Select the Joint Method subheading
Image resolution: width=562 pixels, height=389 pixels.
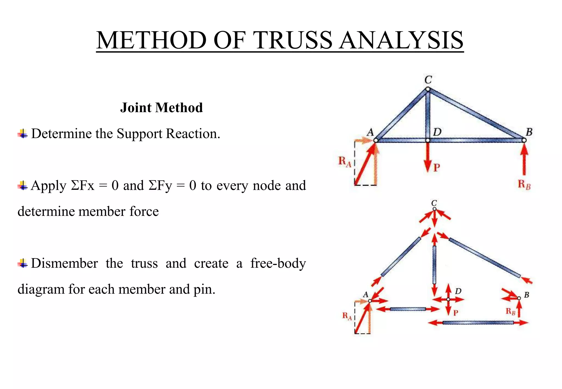point(161,108)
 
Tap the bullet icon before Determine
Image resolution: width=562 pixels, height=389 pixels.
point(23,134)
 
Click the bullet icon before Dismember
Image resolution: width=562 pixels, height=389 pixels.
point(23,264)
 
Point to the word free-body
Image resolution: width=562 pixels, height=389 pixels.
point(278,263)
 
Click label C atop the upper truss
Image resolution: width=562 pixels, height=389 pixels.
point(428,80)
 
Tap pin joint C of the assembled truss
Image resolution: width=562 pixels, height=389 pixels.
point(428,89)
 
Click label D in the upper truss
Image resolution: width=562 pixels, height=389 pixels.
point(437,132)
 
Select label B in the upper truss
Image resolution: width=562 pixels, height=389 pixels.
point(529,132)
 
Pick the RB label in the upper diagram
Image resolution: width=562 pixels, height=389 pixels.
point(524,184)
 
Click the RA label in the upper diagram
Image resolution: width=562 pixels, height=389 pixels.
point(345,162)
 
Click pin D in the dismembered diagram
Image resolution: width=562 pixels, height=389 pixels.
point(448,299)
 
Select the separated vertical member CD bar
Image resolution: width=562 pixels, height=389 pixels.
point(434,265)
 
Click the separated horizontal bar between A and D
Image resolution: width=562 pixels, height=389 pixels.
point(408,309)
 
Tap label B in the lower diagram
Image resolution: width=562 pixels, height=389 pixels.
point(527,295)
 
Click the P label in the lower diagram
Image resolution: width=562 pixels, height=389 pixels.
point(456,313)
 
